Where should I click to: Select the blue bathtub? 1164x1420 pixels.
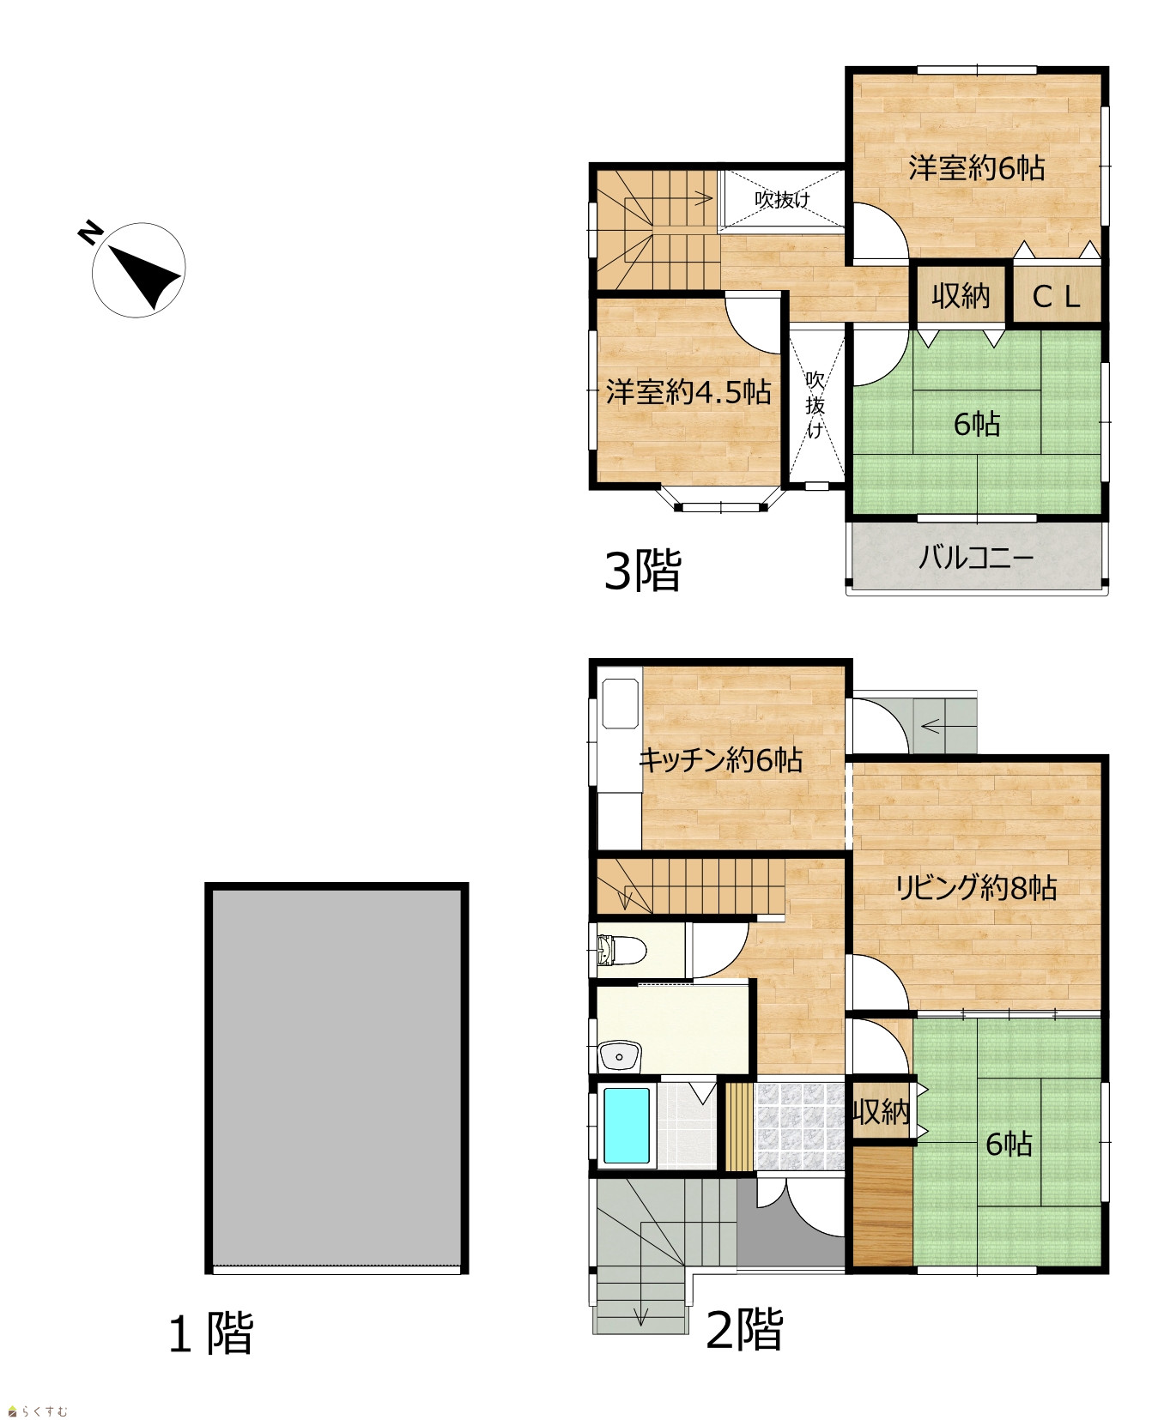click(x=627, y=1126)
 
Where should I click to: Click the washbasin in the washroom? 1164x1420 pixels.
click(x=619, y=1055)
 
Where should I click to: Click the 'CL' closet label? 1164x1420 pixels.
click(x=1056, y=297)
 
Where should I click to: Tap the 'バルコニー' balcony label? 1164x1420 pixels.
click(x=976, y=559)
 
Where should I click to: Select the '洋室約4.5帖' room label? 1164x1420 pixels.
click(x=688, y=392)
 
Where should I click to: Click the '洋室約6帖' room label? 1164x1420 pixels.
click(x=976, y=168)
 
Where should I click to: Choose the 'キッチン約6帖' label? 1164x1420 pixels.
click(x=721, y=759)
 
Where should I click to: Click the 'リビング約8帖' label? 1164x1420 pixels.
click(x=976, y=887)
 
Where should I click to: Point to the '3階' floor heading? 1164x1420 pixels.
click(x=643, y=571)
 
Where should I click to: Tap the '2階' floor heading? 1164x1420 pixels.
click(x=744, y=1330)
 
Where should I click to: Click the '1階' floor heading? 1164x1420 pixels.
click(x=211, y=1334)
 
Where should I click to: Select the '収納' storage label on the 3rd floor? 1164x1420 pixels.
click(x=961, y=297)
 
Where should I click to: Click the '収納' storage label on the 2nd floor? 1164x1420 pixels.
click(x=881, y=1113)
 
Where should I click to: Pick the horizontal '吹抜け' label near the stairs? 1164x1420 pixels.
click(x=782, y=200)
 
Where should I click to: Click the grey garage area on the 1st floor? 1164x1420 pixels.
click(x=337, y=1078)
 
